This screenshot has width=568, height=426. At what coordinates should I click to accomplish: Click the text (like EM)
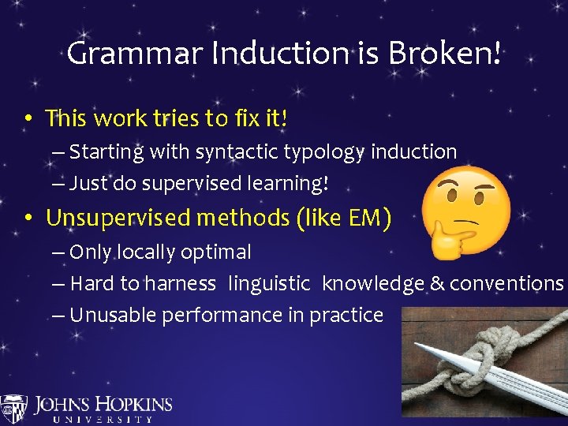click(x=344, y=217)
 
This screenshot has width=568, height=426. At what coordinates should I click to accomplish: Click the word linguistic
click(x=271, y=283)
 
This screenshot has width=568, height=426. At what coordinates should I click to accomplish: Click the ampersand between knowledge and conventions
click(x=437, y=283)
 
